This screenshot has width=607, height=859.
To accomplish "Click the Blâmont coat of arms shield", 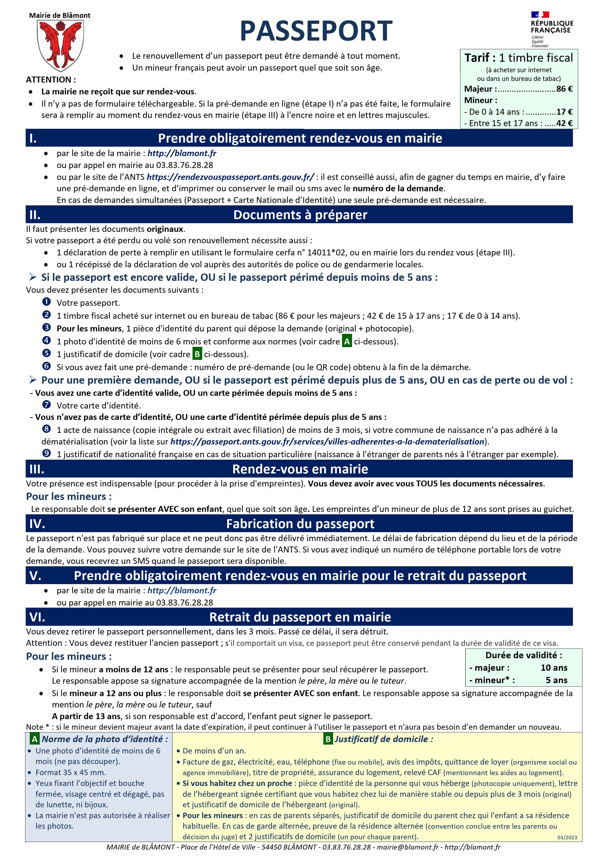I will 60,45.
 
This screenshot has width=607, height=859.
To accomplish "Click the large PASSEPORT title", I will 316,31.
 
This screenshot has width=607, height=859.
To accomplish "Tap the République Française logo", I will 552,29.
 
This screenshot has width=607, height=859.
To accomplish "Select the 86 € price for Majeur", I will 564,89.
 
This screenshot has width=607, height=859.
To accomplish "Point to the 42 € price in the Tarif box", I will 564,123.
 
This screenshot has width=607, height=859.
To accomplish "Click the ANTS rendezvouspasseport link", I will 230,177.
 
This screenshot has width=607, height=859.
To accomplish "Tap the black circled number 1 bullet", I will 47,302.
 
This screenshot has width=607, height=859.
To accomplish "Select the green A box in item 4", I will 347,341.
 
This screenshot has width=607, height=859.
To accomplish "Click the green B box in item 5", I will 197,354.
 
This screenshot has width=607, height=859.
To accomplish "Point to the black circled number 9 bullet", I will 47,453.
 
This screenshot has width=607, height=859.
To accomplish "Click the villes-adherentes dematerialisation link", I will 327,442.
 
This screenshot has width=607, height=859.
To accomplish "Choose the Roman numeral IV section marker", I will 37,524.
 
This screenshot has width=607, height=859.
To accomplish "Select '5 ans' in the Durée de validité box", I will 556,680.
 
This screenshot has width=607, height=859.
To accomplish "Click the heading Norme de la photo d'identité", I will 105,739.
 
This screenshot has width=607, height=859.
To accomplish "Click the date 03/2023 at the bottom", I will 567,837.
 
